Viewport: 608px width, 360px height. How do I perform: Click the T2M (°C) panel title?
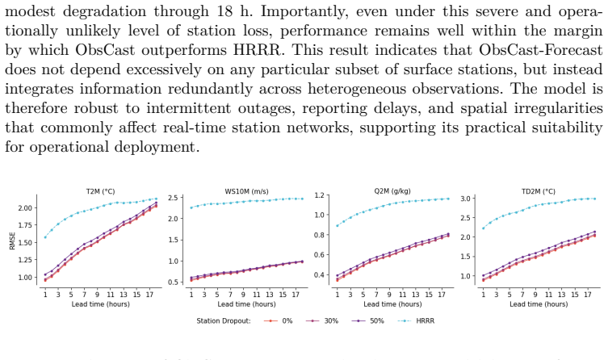pyautogui.click(x=100, y=191)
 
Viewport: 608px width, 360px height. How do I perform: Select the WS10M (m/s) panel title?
pyautogui.click(x=246, y=191)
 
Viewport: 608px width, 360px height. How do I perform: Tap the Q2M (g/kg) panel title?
pyautogui.click(x=392, y=191)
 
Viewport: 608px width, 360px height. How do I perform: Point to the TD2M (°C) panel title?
pyautogui.click(x=539, y=191)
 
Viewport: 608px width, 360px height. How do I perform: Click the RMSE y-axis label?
pyautogui.click(x=12, y=241)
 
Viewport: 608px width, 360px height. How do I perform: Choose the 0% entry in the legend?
pyautogui.click(x=278, y=321)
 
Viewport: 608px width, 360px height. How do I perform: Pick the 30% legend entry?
pyautogui.click(x=322, y=321)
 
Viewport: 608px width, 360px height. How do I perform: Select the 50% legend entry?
pyautogui.click(x=368, y=321)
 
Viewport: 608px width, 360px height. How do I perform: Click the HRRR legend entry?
pyautogui.click(x=416, y=321)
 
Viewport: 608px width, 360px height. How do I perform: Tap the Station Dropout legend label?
pyautogui.click(x=224, y=321)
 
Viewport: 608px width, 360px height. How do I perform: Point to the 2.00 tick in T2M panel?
pyautogui.click(x=25, y=208)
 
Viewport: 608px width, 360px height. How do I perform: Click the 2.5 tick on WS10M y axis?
pyautogui.click(x=173, y=198)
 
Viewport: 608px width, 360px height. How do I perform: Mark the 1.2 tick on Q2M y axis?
pyautogui.click(x=319, y=195)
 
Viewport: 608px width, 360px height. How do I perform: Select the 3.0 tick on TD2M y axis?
pyautogui.click(x=465, y=199)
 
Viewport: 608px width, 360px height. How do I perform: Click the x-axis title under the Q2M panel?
pyautogui.click(x=392, y=304)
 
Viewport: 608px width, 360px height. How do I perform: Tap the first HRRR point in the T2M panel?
pyautogui.click(x=45, y=237)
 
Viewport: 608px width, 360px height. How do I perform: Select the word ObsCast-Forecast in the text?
pyautogui.click(x=540, y=49)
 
